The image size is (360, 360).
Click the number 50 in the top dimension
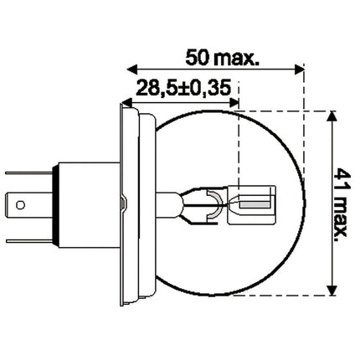194,58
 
